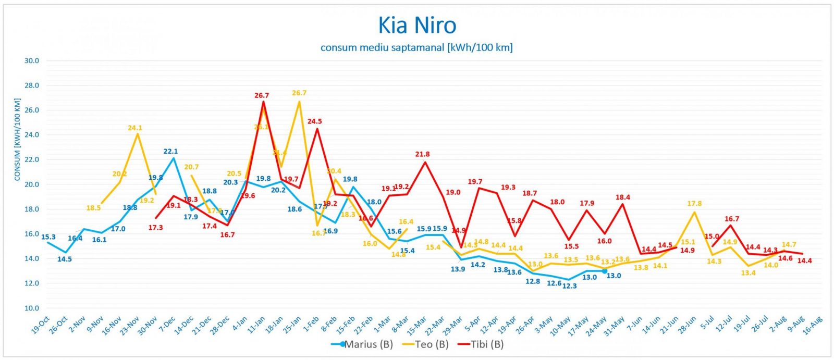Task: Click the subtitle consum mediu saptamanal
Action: coord(416,47)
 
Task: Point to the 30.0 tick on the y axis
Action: coord(32,60)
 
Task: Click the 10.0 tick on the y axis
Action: coord(32,308)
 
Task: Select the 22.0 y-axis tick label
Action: coord(32,159)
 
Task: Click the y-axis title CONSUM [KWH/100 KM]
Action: coord(17,140)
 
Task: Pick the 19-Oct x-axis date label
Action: coord(41,326)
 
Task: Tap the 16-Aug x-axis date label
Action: coord(813,326)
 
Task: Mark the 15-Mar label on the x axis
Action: coord(419,326)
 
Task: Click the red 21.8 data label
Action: coord(422,154)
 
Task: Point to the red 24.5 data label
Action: coord(314,121)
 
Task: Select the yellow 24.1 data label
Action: coord(135,128)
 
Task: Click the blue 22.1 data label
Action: coord(170,152)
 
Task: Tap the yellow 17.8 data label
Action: coord(694,204)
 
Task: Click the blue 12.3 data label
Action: coord(569,286)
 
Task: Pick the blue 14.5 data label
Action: coord(65,259)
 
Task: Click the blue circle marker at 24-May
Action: coord(604,271)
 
